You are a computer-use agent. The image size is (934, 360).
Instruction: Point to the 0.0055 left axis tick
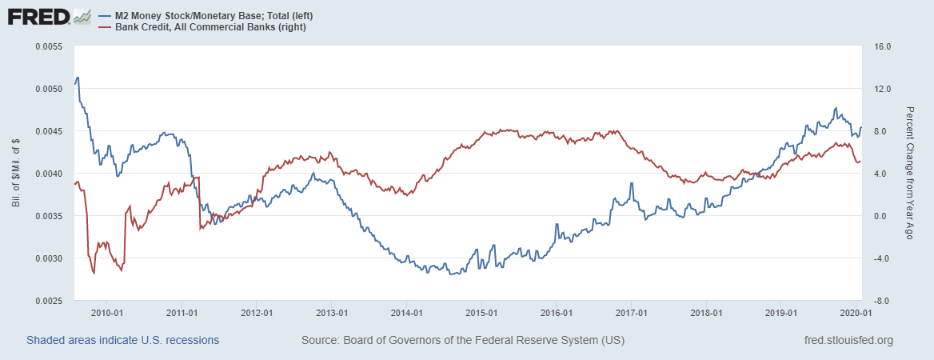click(50, 46)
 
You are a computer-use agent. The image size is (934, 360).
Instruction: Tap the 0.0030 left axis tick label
click(50, 258)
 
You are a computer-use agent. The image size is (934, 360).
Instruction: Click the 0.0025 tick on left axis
click(50, 301)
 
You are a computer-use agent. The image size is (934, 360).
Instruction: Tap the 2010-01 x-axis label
click(106, 313)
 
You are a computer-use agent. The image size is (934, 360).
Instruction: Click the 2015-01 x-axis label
click(482, 313)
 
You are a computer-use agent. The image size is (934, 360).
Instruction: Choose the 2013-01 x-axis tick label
click(332, 313)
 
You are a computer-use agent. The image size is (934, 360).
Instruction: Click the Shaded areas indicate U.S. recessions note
click(123, 341)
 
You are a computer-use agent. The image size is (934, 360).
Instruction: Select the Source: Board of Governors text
click(463, 341)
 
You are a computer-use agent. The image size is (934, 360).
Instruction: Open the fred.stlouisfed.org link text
click(848, 341)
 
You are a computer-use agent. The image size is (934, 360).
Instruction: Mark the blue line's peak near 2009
click(77, 78)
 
